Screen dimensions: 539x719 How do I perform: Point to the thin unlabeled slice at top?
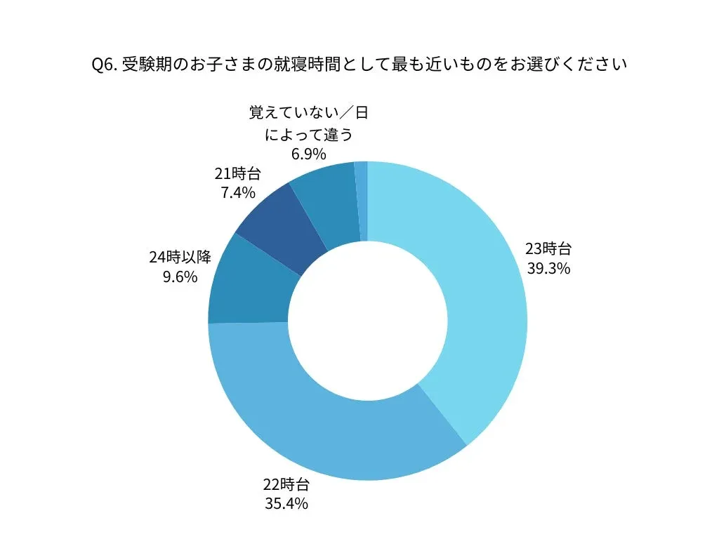pos(361,201)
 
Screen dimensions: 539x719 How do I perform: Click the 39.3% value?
pos(548,269)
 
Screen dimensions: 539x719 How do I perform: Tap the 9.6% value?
pos(180,277)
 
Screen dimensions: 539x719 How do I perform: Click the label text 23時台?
pos(548,249)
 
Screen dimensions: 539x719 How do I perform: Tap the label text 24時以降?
pos(180,257)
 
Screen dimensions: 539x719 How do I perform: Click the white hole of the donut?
pos(367,321)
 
